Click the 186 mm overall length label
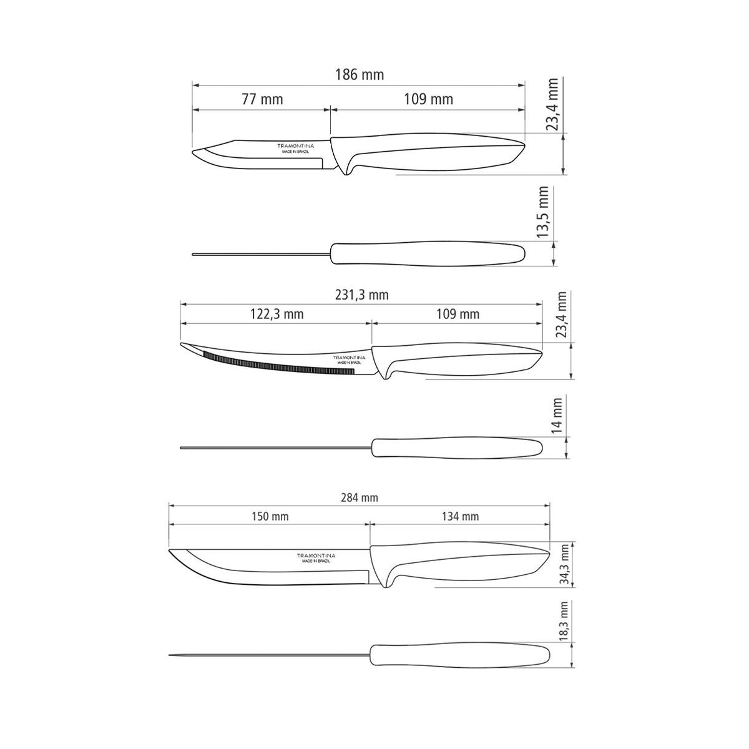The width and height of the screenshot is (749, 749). [360, 75]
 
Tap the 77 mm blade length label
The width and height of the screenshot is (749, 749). [262, 99]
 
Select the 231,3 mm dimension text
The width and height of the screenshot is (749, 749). [362, 295]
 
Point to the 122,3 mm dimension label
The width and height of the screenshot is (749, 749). [277, 314]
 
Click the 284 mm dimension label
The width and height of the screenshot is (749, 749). [360, 497]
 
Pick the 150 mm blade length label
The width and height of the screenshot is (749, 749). [270, 516]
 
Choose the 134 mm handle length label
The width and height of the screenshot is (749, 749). [460, 516]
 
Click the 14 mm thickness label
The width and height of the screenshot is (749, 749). [557, 416]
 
